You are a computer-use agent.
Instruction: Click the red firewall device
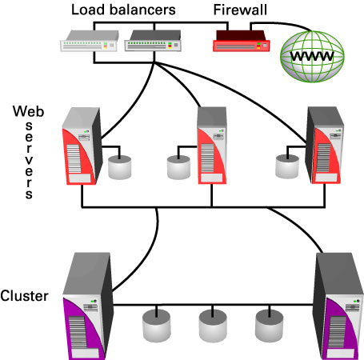click(242, 41)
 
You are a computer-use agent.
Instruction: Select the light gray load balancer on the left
click(90, 41)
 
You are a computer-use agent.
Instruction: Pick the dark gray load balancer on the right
click(153, 41)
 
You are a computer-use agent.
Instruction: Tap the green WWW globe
click(312, 57)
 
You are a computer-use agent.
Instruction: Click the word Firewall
click(240, 10)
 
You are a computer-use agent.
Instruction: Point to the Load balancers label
click(123, 10)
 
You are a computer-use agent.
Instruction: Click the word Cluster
click(24, 296)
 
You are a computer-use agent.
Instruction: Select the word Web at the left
click(28, 111)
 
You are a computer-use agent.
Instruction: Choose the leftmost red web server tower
click(82, 146)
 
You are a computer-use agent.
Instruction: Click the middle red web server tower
click(212, 146)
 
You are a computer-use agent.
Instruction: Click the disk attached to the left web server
click(120, 167)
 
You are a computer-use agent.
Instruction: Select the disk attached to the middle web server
click(178, 167)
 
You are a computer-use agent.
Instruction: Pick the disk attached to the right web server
click(287, 166)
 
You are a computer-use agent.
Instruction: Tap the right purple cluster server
click(338, 306)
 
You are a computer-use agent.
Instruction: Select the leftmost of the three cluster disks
click(157, 326)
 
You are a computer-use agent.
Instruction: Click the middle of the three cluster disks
click(213, 326)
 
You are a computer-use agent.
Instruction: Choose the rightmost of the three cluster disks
click(270, 326)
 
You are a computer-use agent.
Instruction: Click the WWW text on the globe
click(312, 56)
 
